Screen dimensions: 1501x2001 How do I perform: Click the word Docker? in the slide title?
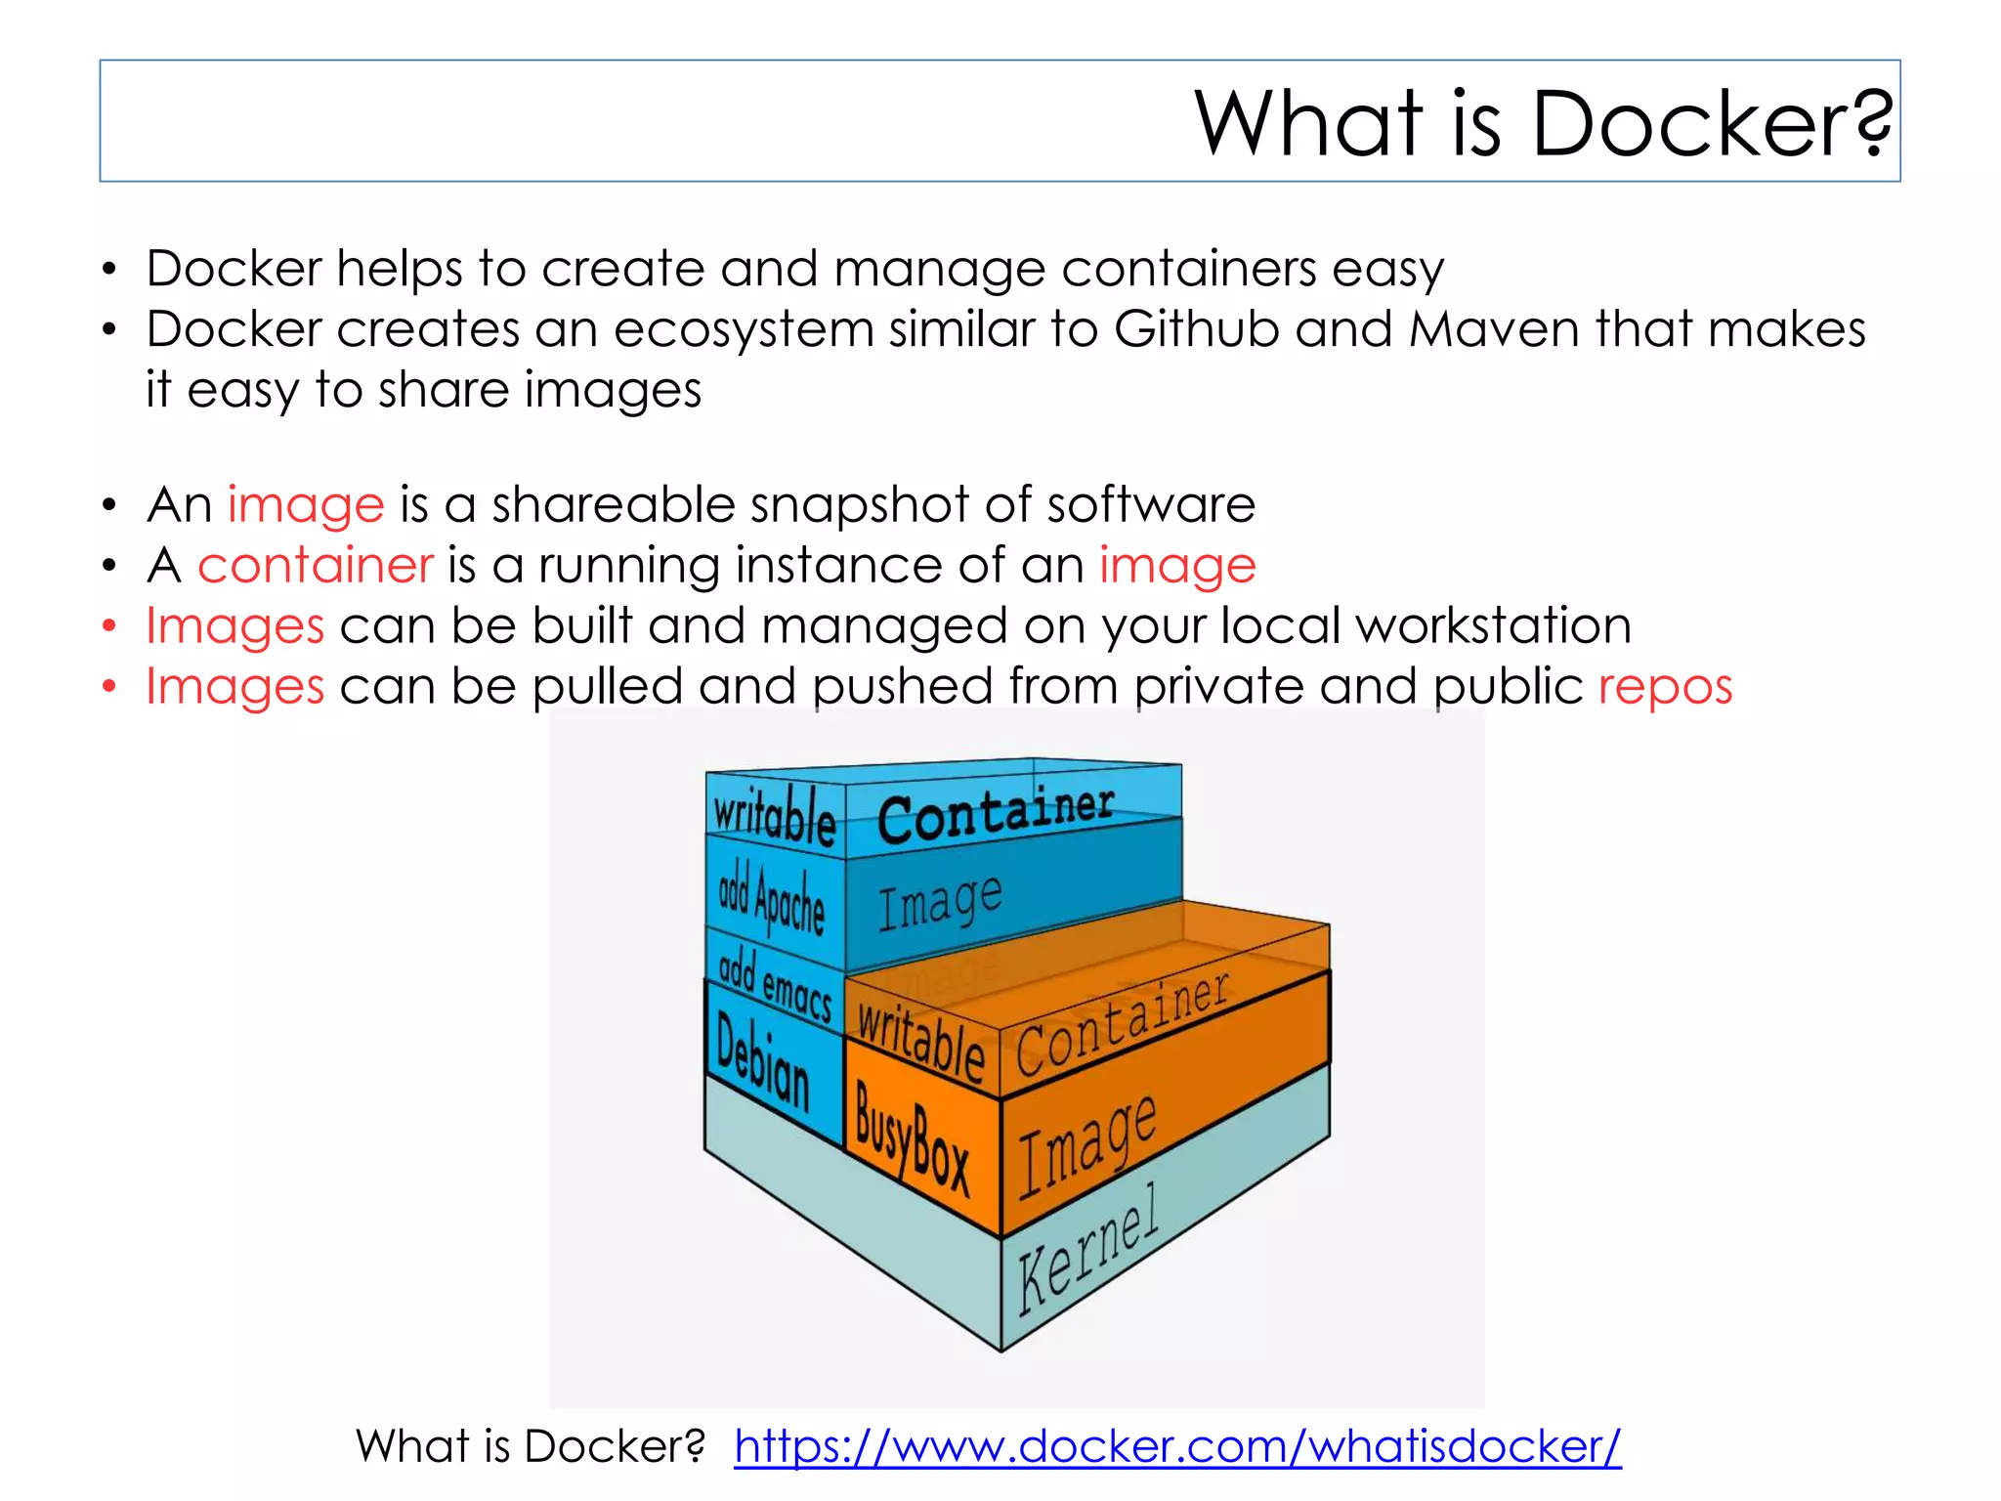pos(1711,124)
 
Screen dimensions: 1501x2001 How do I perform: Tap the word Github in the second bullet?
pos(1196,329)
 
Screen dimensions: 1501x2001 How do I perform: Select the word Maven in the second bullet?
pos(1494,329)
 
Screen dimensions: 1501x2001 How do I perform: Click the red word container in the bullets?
pos(315,566)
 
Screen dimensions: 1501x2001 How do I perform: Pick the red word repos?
pos(1665,687)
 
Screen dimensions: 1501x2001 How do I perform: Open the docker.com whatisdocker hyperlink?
pos(1177,1446)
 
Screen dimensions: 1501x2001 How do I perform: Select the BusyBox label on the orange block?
pos(912,1139)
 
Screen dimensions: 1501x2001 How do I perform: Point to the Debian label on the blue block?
pos(763,1062)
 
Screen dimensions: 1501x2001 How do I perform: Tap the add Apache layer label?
pos(771,900)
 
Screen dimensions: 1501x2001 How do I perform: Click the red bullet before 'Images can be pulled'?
pos(109,687)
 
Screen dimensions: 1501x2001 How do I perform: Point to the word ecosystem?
pos(743,329)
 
